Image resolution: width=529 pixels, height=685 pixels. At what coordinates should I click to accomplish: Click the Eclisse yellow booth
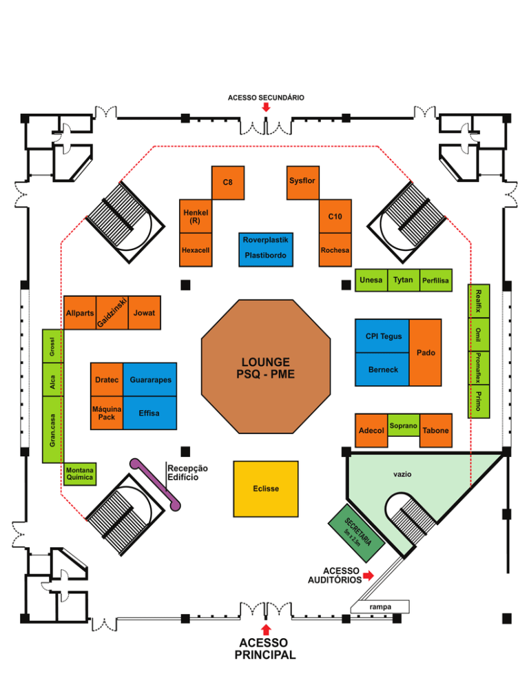[266, 489]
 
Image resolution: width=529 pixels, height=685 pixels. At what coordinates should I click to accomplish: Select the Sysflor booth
[302, 182]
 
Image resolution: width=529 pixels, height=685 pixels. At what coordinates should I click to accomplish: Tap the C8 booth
[228, 183]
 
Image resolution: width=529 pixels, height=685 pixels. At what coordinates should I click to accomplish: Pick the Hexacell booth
[195, 250]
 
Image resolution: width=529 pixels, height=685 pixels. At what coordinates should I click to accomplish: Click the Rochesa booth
[335, 250]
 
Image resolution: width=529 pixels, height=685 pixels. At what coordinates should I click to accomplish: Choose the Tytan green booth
[403, 280]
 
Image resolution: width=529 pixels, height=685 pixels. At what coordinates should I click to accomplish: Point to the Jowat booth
[145, 313]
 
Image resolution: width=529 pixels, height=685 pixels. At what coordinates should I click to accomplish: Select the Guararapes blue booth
[150, 380]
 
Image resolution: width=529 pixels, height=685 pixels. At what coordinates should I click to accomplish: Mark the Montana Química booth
[79, 473]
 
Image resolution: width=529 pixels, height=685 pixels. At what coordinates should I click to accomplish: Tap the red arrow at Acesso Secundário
[266, 108]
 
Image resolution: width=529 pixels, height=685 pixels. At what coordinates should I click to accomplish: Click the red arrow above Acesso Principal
[266, 630]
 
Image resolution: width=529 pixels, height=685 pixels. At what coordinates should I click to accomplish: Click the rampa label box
[380, 606]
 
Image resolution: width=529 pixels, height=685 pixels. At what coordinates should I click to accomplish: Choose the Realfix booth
[479, 300]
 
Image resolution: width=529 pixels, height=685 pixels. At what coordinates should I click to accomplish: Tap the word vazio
[402, 475]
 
